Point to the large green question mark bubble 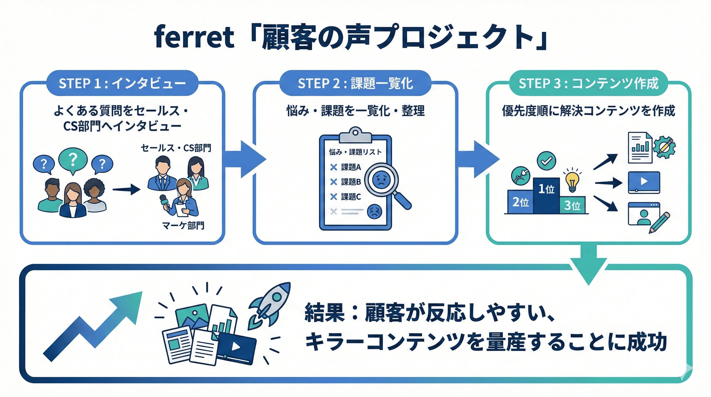(x=73, y=159)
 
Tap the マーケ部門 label (x=183, y=226)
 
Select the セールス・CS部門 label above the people (x=176, y=148)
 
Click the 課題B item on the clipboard (x=351, y=182)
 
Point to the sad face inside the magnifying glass (x=381, y=180)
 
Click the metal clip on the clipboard (x=355, y=135)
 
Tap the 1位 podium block (x=546, y=195)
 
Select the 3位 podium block (x=572, y=205)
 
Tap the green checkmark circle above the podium (x=546, y=161)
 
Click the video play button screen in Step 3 (x=644, y=182)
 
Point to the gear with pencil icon (x=664, y=147)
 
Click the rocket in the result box (x=269, y=305)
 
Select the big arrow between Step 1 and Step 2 (x=246, y=159)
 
